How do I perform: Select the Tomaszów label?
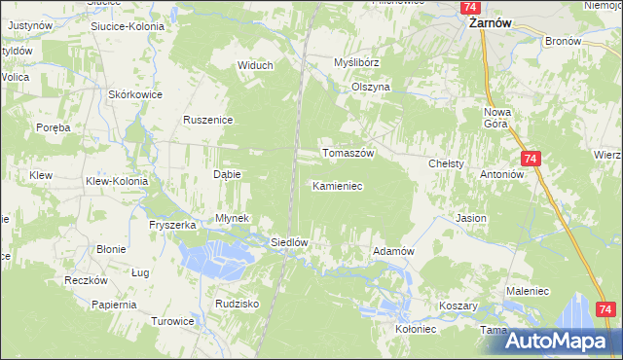click(x=348, y=154)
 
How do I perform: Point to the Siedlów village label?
click(x=289, y=242)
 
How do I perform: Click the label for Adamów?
click(x=394, y=251)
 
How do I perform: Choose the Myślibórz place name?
click(x=356, y=61)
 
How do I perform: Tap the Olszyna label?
click(x=370, y=87)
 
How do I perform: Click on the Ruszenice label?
click(x=205, y=120)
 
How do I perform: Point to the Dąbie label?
click(x=227, y=174)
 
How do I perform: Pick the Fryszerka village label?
click(x=173, y=225)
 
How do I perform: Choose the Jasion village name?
click(x=470, y=219)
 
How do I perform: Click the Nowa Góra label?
click(x=497, y=119)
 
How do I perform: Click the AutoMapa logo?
click(x=564, y=341)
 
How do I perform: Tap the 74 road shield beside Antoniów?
click(x=531, y=159)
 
